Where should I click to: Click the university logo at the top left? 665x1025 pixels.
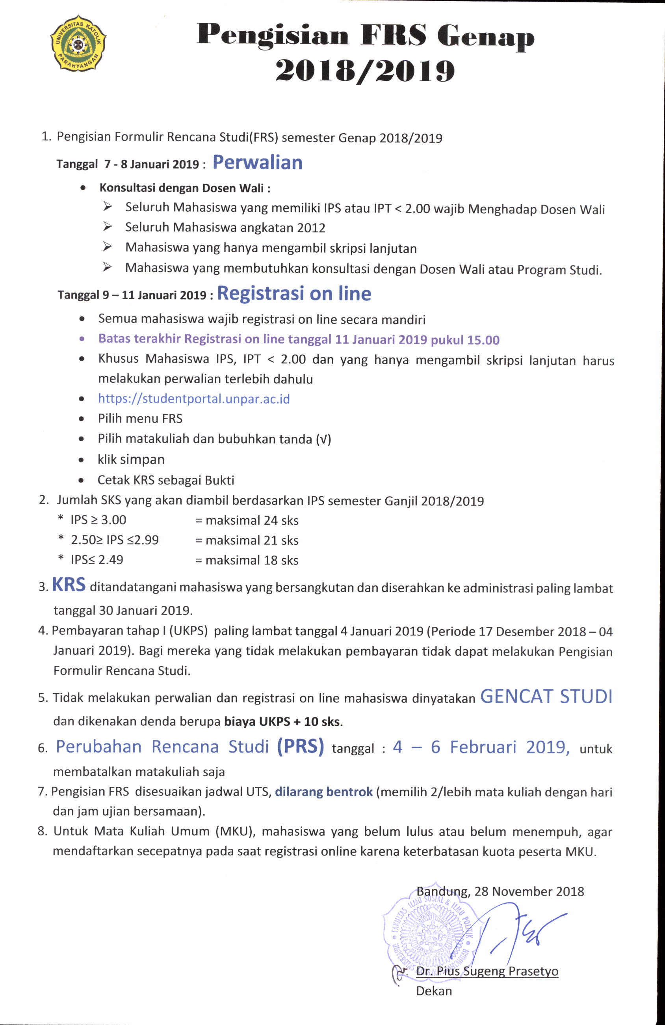(78, 44)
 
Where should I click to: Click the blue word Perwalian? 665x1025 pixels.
(257, 163)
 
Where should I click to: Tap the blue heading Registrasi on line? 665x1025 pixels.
(294, 294)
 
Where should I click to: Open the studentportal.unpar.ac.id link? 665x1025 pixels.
(194, 399)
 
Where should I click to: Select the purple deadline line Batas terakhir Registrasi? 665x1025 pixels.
(299, 339)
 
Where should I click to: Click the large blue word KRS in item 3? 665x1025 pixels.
(69, 585)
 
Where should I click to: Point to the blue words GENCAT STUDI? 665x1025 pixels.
(546, 697)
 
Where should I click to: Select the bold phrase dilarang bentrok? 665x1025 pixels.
(324, 792)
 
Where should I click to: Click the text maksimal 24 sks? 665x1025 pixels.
(252, 520)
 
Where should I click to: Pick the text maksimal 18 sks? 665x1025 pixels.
(252, 560)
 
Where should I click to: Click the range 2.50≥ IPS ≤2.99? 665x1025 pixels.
(115, 540)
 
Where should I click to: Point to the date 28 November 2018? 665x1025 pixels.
(529, 891)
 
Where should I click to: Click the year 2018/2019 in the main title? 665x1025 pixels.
(365, 71)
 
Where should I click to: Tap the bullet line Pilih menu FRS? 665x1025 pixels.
(140, 419)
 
